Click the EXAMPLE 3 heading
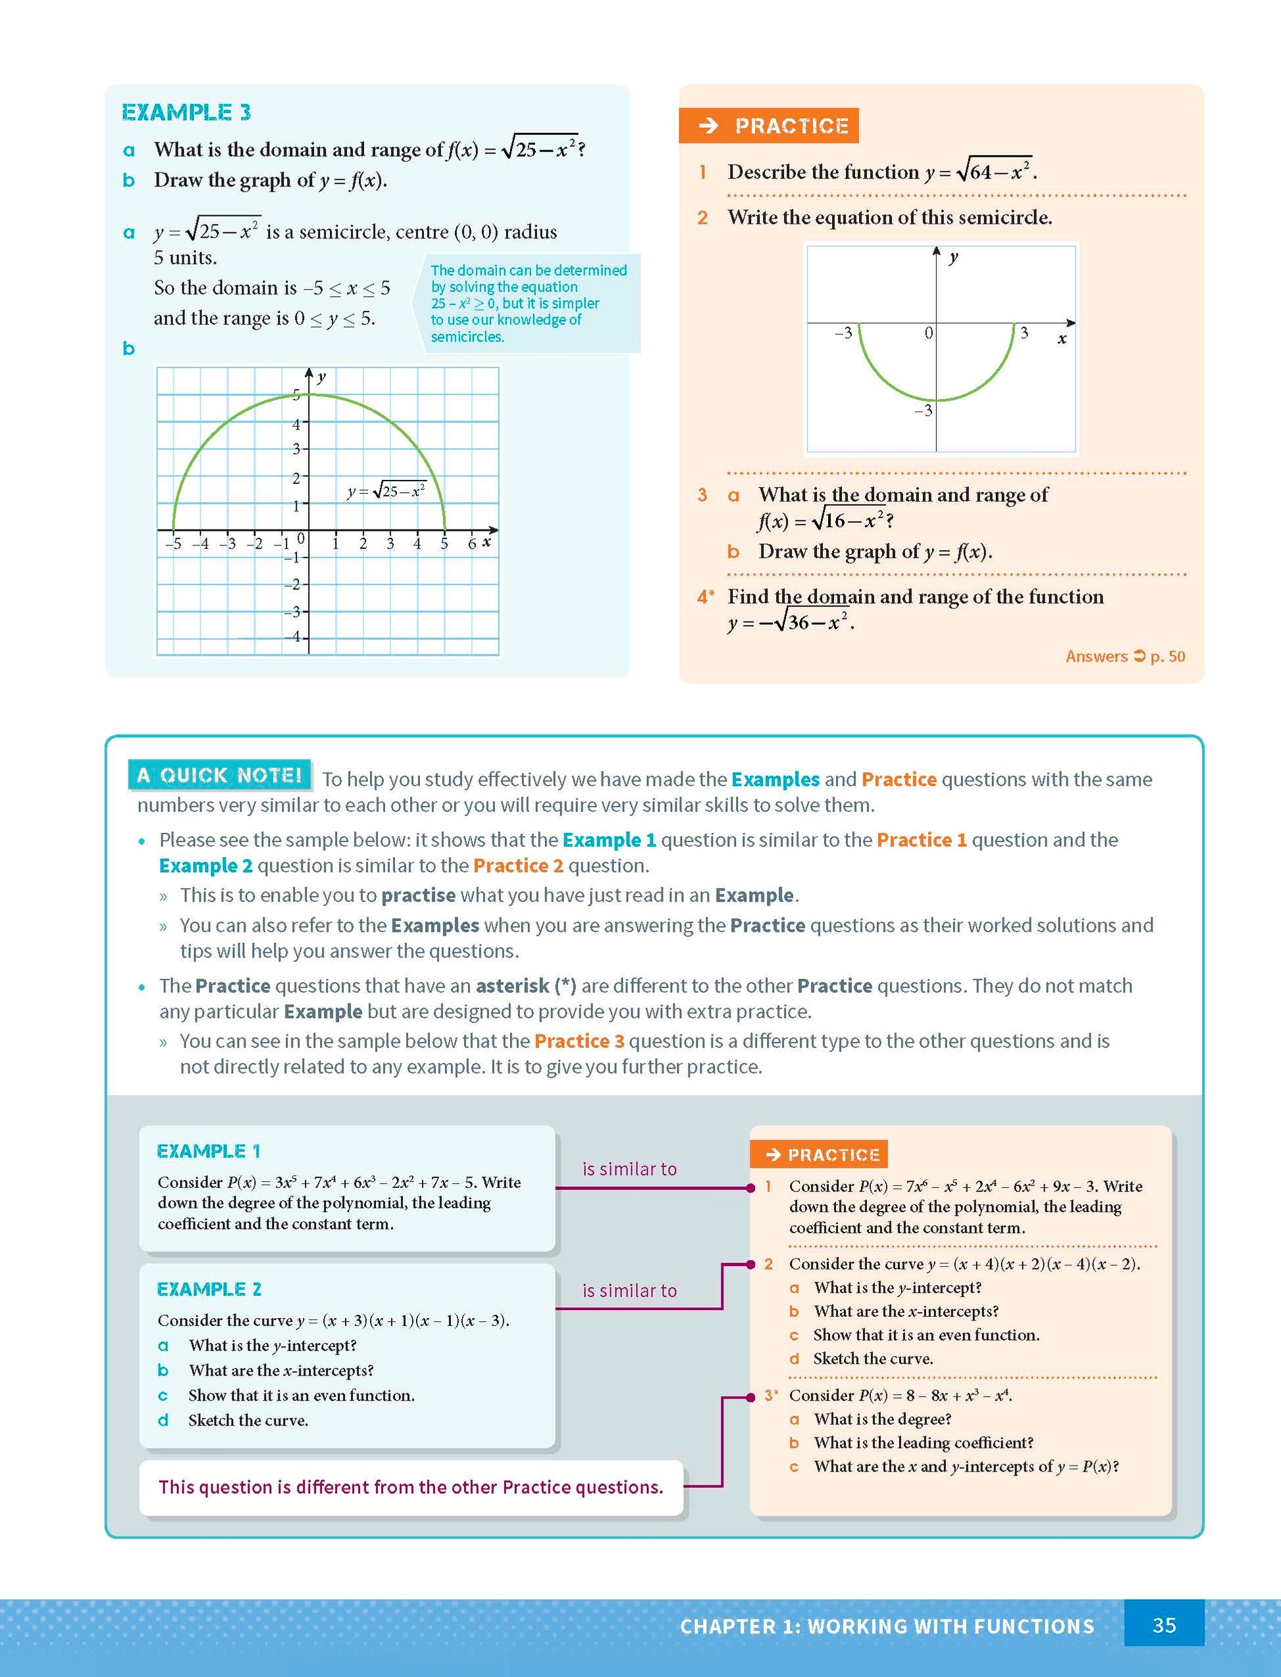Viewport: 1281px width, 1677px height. coord(186,113)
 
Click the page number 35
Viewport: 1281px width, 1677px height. coord(1164,1625)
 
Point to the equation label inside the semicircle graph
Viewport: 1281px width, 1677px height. coord(386,491)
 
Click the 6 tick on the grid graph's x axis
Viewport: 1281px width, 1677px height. coord(472,543)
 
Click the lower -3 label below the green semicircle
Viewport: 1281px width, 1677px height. coord(924,411)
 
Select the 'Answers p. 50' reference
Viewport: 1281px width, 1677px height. coord(1125,656)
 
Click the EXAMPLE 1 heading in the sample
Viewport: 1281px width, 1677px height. coord(208,1151)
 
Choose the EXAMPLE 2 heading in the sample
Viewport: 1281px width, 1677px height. coord(209,1289)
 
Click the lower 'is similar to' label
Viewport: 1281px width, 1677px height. coord(629,1291)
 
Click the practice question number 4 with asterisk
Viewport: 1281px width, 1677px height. coord(705,597)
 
